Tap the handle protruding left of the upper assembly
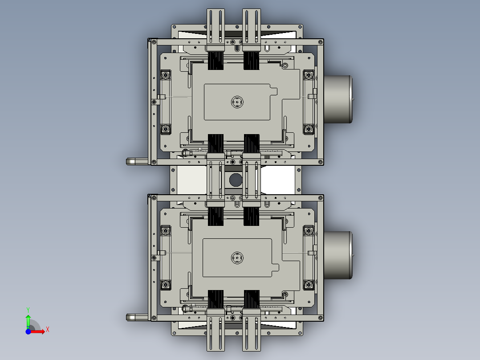pyautogui.click(x=136, y=161)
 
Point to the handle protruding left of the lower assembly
pyautogui.click(x=136, y=317)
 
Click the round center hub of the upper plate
pyautogui.click(x=237, y=102)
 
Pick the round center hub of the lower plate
pyautogui.click(x=237, y=258)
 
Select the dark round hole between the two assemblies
pyautogui.click(x=235, y=180)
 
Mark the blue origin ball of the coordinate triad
pyautogui.click(x=28, y=331)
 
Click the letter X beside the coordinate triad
pyautogui.click(x=48, y=330)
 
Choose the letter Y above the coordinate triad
pyautogui.click(x=28, y=309)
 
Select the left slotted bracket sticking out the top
pyautogui.click(x=216, y=27)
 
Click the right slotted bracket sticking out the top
pyautogui.click(x=251, y=27)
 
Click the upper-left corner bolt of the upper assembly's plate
pyautogui.click(x=166, y=74)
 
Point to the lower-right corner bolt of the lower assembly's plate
pyautogui.click(x=308, y=284)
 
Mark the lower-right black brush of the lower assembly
pyautogui.click(x=252, y=299)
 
